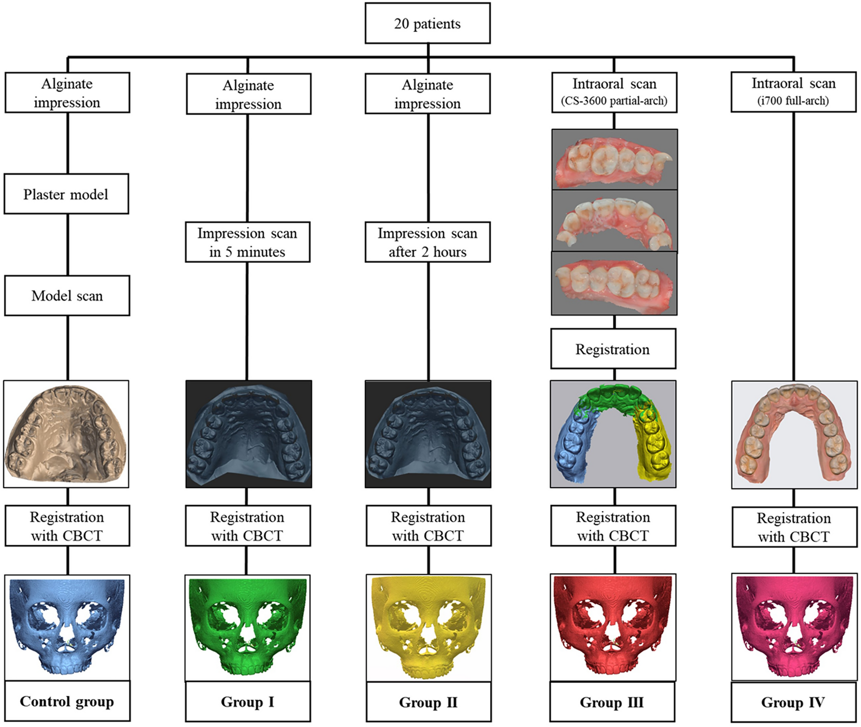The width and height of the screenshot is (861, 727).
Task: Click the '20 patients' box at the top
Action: click(x=427, y=23)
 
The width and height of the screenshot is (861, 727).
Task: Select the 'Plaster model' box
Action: click(x=66, y=194)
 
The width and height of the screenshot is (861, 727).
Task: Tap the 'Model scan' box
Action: click(x=67, y=295)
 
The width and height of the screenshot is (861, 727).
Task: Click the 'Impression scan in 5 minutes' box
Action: click(x=247, y=242)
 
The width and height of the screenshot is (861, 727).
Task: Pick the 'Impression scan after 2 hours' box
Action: click(x=427, y=242)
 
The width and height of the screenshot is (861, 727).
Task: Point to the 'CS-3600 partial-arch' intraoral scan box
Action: click(x=614, y=92)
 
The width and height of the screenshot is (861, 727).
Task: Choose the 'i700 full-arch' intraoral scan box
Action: click(x=793, y=92)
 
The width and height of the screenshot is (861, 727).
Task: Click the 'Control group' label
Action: click(x=67, y=701)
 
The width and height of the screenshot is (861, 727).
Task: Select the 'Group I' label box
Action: click(x=247, y=702)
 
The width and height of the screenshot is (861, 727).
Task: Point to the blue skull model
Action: click(x=67, y=625)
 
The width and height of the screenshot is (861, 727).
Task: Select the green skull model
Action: click(x=247, y=625)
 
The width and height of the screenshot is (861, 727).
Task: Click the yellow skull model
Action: click(x=428, y=625)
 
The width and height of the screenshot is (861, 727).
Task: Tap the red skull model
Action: click(x=613, y=625)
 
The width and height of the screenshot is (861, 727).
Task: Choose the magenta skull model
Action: click(x=794, y=625)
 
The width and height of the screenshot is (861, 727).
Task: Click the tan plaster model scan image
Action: click(x=66, y=434)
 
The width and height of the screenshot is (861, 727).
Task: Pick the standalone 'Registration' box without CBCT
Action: click(x=613, y=349)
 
